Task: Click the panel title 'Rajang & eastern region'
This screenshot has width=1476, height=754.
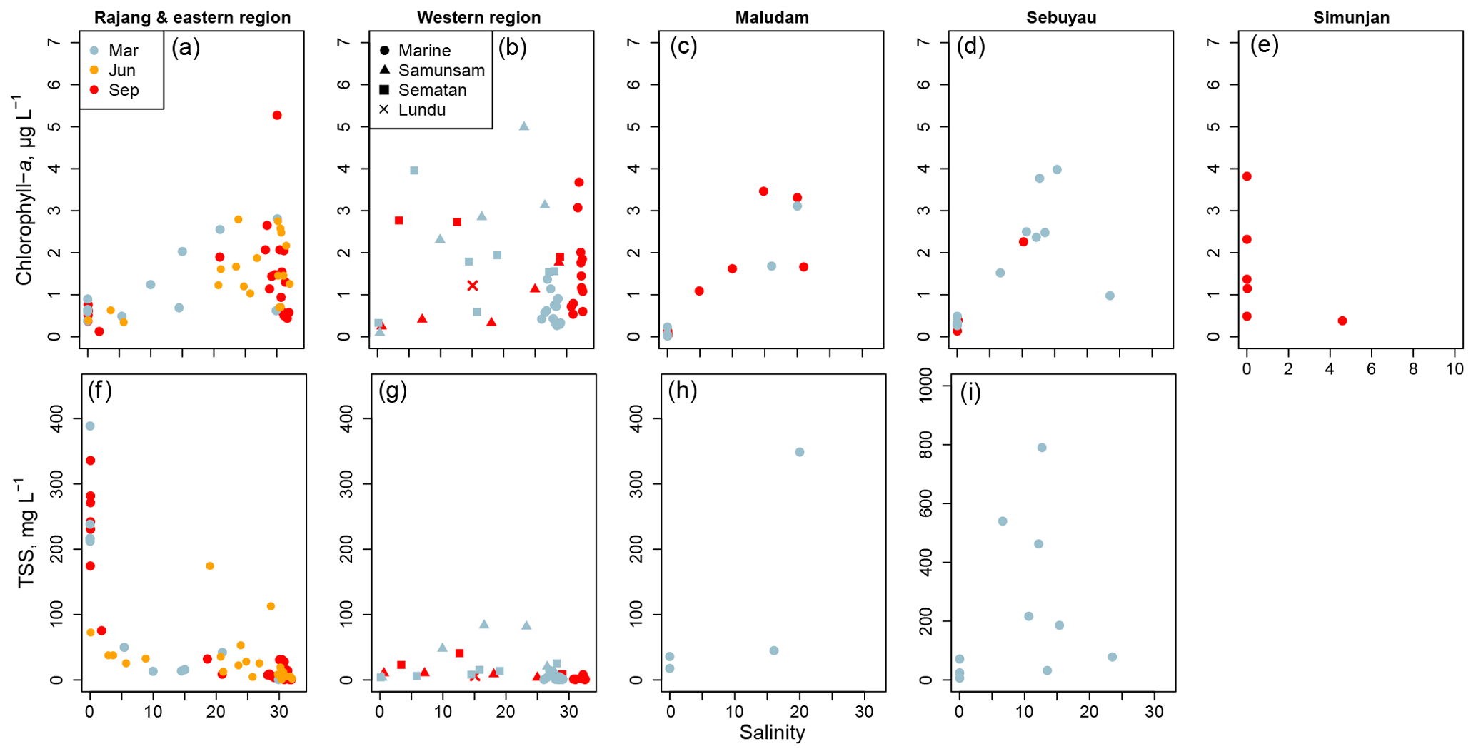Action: click(192, 18)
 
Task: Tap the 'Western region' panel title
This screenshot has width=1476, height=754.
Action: click(478, 18)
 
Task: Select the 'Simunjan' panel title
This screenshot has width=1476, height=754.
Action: click(1351, 18)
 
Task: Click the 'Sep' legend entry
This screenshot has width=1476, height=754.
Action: click(123, 90)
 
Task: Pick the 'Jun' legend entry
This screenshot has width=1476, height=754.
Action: click(121, 70)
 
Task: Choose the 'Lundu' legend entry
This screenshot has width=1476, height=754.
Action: click(421, 110)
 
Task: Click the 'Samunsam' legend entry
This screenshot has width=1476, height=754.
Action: click(441, 70)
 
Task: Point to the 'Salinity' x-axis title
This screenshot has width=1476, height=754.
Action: click(772, 733)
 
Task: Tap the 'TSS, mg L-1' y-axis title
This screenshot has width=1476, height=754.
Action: click(26, 533)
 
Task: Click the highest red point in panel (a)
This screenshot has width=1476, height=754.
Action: click(277, 115)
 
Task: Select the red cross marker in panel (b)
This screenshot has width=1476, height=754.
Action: click(472, 286)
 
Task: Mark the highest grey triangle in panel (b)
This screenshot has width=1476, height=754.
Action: click(523, 126)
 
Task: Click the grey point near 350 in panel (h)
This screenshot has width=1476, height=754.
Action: click(800, 452)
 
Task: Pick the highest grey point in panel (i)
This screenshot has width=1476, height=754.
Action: click(1042, 448)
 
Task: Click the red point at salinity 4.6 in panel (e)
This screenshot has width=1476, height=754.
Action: click(1342, 321)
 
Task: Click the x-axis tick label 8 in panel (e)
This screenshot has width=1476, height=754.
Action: click(1413, 369)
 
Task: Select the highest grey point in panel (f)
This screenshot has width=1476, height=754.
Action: click(90, 426)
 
